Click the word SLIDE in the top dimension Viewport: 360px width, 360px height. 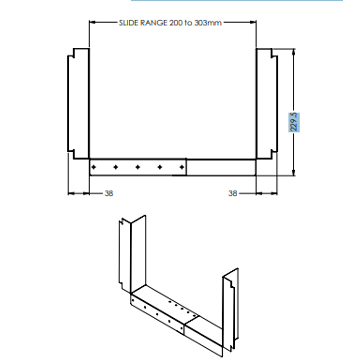pyautogui.click(x=127, y=23)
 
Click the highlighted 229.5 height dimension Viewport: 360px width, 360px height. pyautogui.click(x=294, y=122)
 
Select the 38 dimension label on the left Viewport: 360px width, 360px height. pyautogui.click(x=109, y=193)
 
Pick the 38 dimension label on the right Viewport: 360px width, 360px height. pyautogui.click(x=233, y=193)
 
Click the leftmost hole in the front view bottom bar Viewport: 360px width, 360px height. pyautogui.click(x=94, y=167)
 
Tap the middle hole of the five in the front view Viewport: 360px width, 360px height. pyautogui.click(x=138, y=167)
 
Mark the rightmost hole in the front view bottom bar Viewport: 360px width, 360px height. pyautogui.click(x=182, y=167)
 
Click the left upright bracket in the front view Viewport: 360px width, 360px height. pyautogui.click(x=79, y=103)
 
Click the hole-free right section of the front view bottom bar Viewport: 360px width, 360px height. pyautogui.click(x=221, y=167)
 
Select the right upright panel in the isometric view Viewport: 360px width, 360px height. pyautogui.click(x=230, y=310)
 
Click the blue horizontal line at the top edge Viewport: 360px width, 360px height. pyautogui.click(x=237, y=1)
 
